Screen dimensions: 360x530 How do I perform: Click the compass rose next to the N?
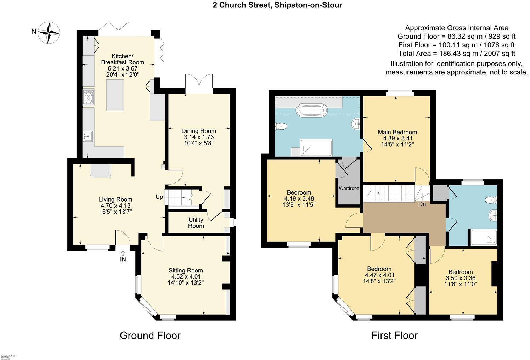[x=49, y=32]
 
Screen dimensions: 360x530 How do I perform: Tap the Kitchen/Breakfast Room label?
[x=123, y=59]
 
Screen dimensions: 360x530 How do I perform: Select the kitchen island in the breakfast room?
[x=115, y=95]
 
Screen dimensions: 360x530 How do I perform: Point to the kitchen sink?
[x=88, y=136]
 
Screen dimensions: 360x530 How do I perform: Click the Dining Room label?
[x=199, y=131]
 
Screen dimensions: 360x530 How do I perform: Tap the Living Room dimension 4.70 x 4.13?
[x=115, y=206]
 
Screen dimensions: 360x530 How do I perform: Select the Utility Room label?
[x=196, y=223]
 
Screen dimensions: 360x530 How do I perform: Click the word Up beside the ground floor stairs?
[x=159, y=197]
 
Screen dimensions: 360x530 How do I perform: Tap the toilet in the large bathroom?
[x=281, y=126]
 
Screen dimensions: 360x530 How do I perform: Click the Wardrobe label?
[x=349, y=189]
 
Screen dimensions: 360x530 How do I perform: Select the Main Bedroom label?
[x=397, y=132]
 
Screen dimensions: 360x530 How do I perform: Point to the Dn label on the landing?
[x=422, y=204]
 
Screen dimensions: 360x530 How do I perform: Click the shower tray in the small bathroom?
[x=484, y=237]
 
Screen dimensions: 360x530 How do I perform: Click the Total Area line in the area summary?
[x=457, y=54]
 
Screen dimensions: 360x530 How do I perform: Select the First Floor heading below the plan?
[x=394, y=335]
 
